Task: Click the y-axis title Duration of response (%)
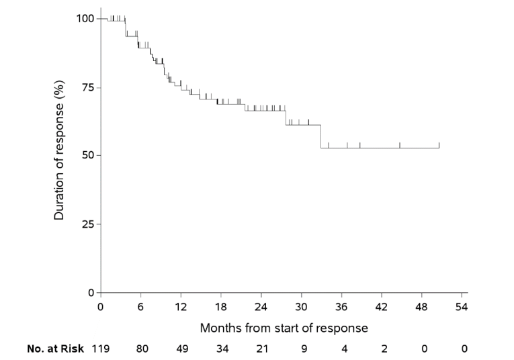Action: [59, 154]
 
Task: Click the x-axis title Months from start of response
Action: [284, 328]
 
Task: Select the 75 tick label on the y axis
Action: [87, 87]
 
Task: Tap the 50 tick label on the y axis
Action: [87, 155]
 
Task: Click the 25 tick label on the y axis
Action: [87, 224]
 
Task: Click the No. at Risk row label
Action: [55, 349]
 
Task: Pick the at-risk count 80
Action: [141, 349]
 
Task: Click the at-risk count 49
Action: [181, 349]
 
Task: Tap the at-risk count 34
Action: [221, 349]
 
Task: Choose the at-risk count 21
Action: [261, 349]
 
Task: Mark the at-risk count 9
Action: [302, 349]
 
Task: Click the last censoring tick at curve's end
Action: [439, 144]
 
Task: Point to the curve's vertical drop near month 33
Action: [320, 136]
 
